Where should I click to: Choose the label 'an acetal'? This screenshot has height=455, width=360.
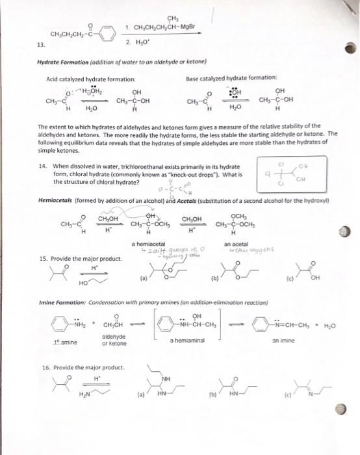235,242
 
